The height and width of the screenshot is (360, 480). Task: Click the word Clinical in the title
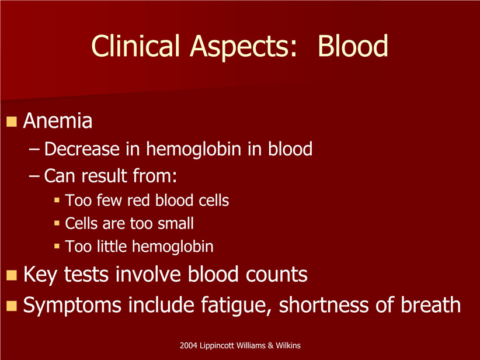135,46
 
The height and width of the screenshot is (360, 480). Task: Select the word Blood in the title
353,46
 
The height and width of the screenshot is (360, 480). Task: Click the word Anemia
58,121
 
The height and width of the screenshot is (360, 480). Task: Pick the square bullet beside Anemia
12,122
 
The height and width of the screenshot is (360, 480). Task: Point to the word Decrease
82,149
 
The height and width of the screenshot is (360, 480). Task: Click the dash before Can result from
34,176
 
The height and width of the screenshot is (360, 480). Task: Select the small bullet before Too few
57,200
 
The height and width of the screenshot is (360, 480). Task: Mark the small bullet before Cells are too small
57,223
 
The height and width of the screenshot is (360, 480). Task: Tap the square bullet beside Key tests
12,275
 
